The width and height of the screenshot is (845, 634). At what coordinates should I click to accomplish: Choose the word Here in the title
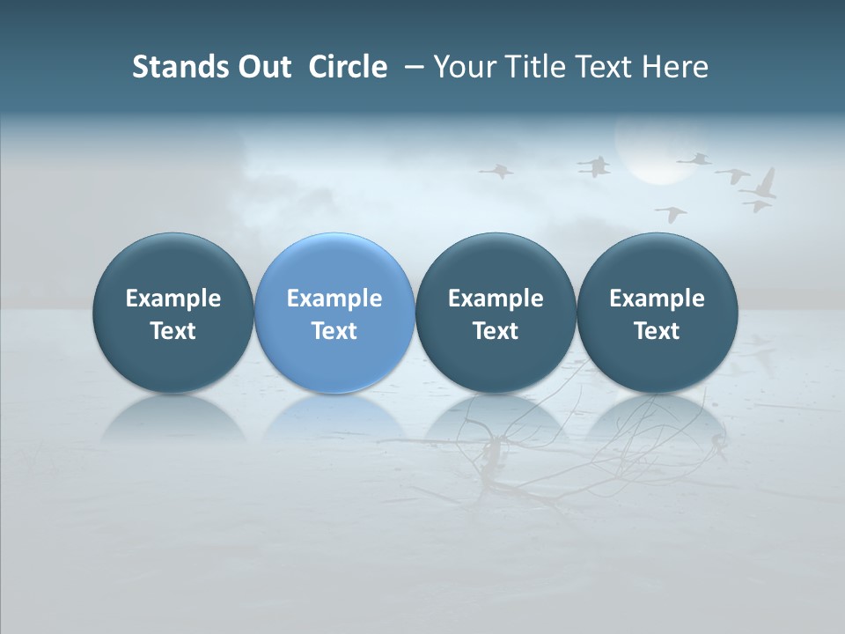pos(675,67)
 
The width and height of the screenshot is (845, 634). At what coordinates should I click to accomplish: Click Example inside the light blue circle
pos(334,299)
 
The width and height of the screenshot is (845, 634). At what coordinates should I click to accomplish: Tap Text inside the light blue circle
pos(334,331)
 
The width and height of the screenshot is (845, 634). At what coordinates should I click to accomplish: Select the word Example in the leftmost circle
pos(173,299)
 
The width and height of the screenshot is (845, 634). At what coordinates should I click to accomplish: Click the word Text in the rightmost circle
pos(657,331)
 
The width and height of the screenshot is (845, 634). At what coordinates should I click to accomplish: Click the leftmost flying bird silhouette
pos(498,170)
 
